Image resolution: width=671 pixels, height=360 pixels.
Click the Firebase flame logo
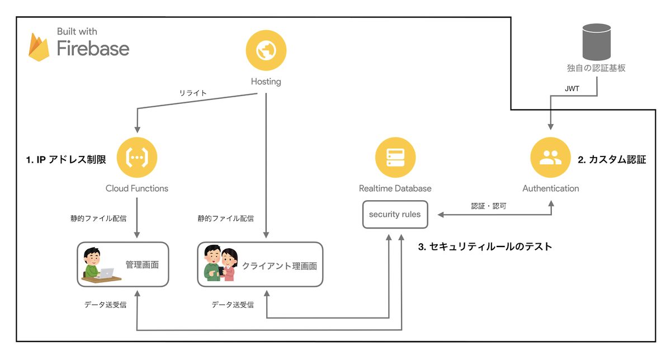40,47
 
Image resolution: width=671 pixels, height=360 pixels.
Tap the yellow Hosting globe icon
266,50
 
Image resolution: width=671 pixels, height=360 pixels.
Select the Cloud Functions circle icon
136,158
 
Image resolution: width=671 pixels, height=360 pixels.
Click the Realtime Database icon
395,158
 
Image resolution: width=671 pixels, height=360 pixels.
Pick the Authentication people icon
550,158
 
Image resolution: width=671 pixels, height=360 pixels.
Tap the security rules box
395,214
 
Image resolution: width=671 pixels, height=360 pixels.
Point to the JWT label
572,88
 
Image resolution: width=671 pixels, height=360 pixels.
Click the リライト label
193,93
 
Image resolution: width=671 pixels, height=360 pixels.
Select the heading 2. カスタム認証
612,160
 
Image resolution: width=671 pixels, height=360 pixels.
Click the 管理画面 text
142,264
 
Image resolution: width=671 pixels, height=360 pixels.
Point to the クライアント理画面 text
280,266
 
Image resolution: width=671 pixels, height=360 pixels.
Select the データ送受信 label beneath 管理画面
105,305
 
